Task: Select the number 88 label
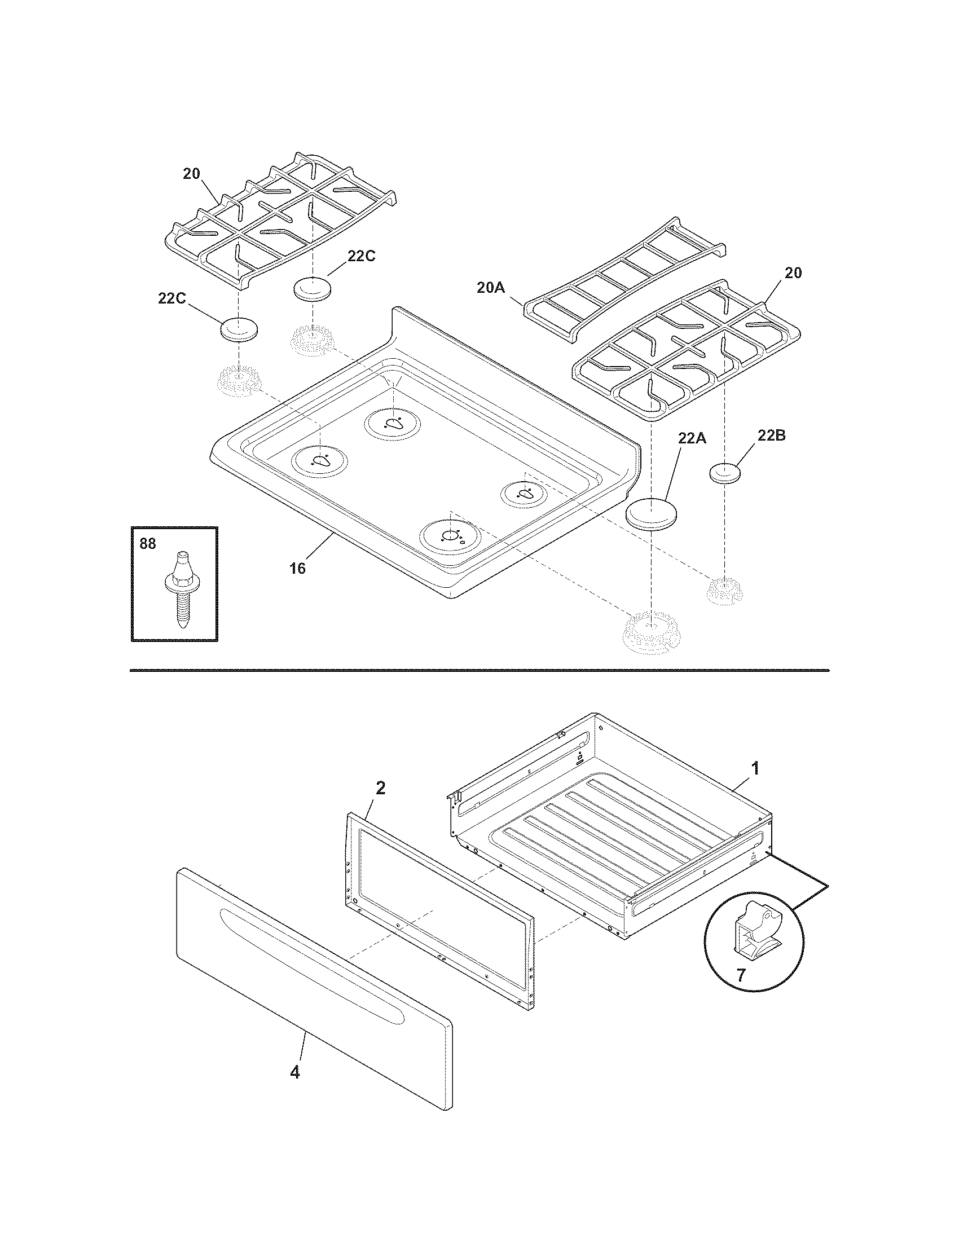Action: click(x=147, y=544)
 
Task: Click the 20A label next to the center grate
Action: click(x=490, y=288)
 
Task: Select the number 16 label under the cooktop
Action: click(x=297, y=567)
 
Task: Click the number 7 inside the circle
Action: click(x=740, y=976)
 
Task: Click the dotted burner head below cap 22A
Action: click(x=651, y=630)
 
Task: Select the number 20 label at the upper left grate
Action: click(x=191, y=174)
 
